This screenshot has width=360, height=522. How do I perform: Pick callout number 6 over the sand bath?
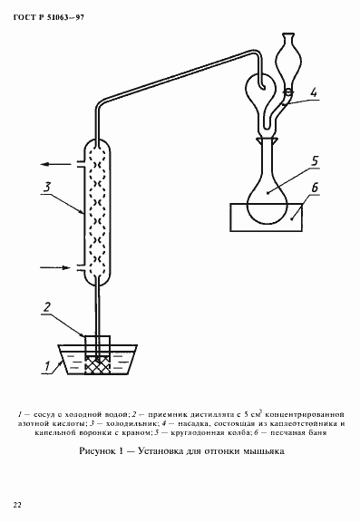point(316,188)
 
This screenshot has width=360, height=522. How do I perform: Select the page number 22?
point(17,503)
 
